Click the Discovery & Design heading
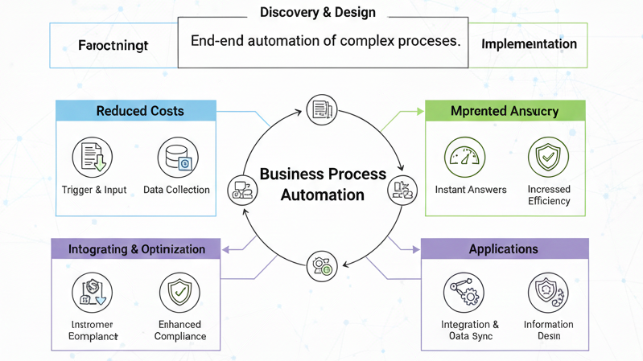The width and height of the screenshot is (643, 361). coord(318,13)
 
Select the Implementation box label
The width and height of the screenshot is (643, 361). coord(529,44)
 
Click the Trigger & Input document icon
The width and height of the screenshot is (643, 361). coord(93,157)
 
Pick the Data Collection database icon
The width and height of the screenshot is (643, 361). coord(177,158)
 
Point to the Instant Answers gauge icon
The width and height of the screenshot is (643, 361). coord(465,157)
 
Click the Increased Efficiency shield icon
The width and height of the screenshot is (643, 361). coord(548,157)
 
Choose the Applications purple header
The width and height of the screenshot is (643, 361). coord(504,249)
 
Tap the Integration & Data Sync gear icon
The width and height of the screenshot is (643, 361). coord(464,293)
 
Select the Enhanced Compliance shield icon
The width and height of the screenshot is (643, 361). coord(179,293)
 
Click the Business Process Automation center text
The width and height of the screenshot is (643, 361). coord(323,184)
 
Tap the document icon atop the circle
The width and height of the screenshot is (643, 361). coord(322,109)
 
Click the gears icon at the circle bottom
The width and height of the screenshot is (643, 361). coord(322,265)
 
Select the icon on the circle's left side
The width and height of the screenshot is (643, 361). coord(242,190)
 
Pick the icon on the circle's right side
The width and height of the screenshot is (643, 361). coord(402,190)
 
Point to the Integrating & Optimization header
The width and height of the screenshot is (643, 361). coord(137,249)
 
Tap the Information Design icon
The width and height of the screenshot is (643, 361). coord(548,293)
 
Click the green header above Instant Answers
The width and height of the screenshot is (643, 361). coord(505,111)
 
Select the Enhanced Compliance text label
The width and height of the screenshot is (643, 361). coord(179,330)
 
